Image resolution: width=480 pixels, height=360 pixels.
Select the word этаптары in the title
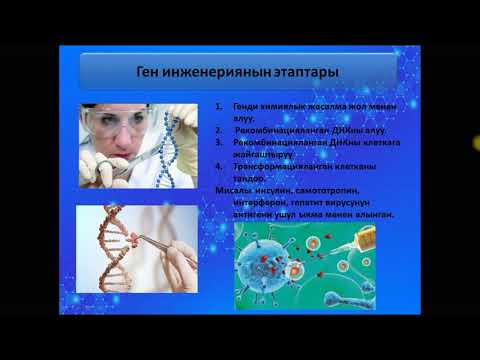point(302,73)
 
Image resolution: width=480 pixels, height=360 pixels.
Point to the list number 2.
point(217,130)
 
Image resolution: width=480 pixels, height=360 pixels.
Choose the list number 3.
point(217,142)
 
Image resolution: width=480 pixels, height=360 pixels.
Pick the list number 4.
point(217,165)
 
